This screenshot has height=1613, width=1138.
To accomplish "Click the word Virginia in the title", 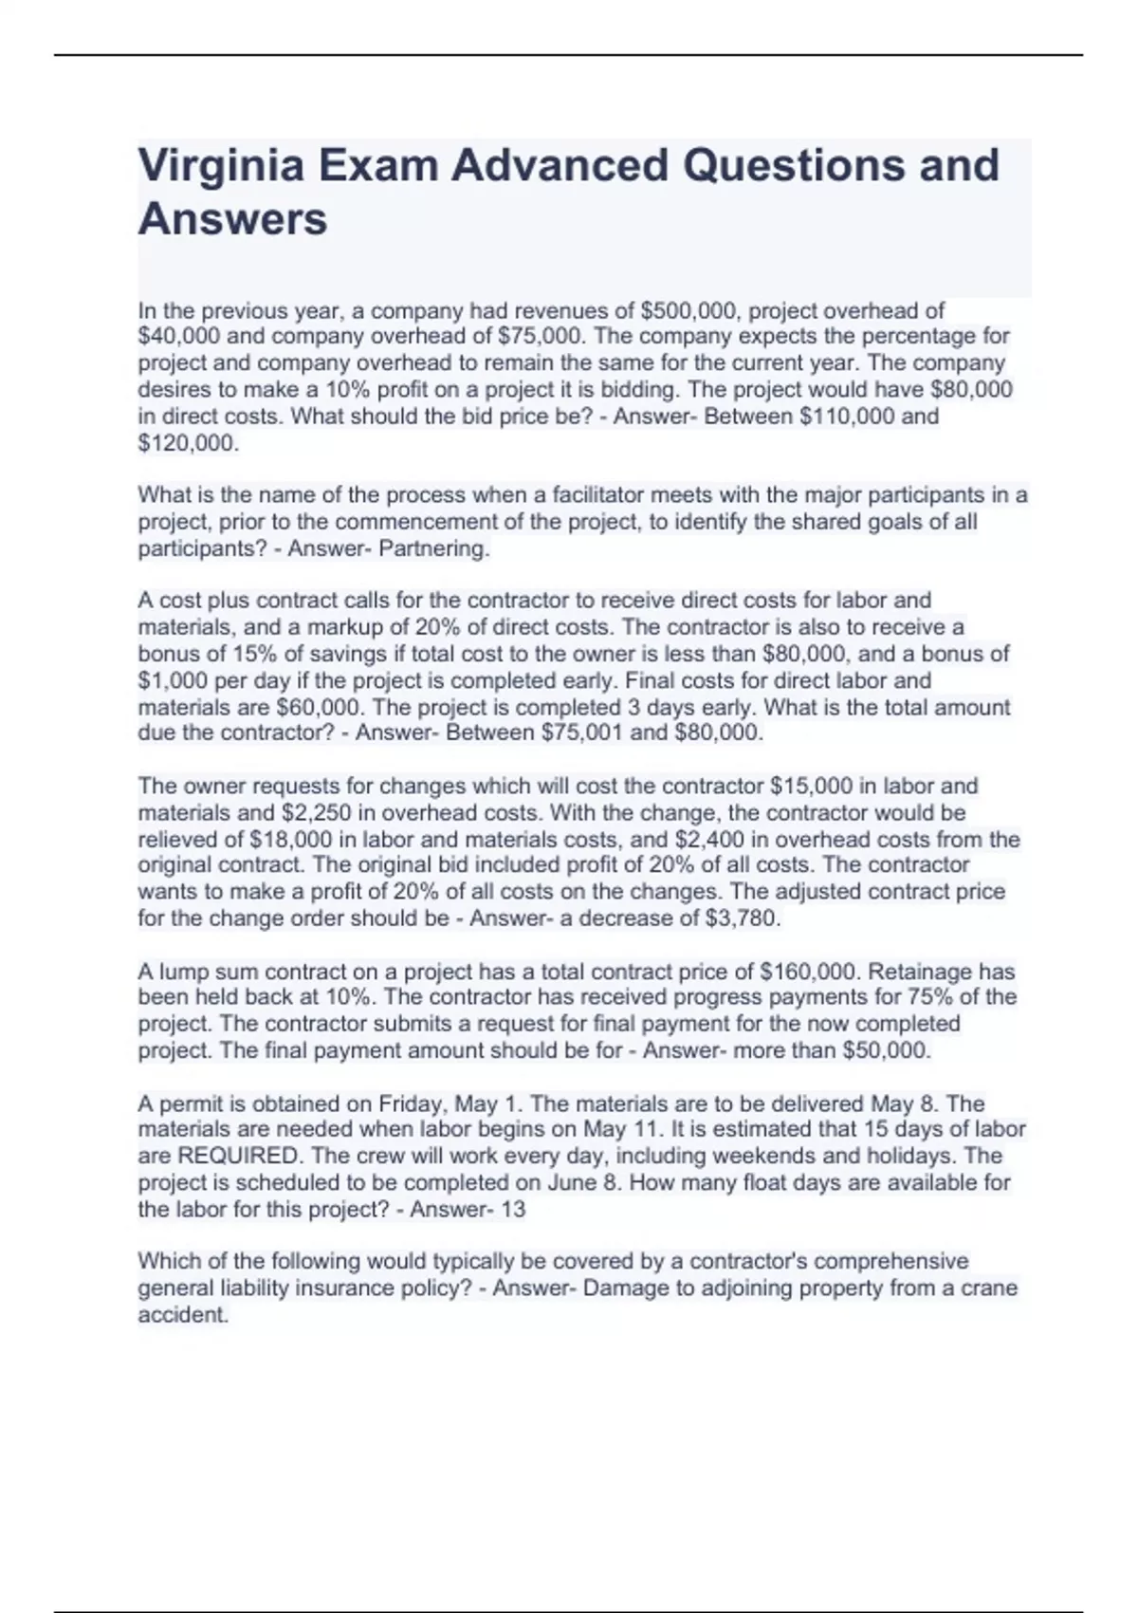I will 220,166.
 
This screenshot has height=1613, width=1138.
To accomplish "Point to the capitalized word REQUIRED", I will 238,1156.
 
